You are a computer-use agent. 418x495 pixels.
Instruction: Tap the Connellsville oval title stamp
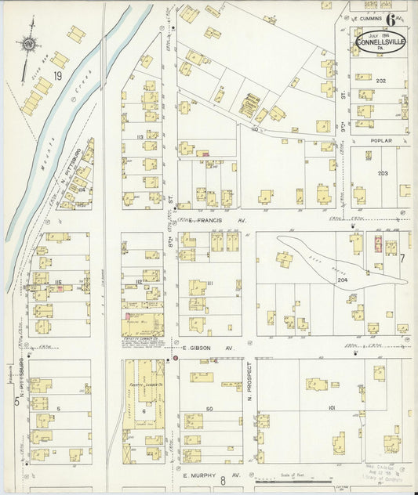pyautogui.click(x=380, y=42)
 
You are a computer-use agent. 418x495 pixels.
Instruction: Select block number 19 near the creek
pyautogui.click(x=57, y=76)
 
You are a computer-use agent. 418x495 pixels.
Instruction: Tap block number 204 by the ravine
pyautogui.click(x=342, y=280)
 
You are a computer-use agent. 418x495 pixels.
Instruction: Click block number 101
pyautogui.click(x=331, y=408)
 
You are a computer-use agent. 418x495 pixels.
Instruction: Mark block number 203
pyautogui.click(x=383, y=173)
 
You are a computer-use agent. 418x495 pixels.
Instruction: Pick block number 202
pyautogui.click(x=381, y=81)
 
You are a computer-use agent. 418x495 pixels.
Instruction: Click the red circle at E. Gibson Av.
pyautogui.click(x=175, y=358)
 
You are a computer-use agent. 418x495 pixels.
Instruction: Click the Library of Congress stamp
pyautogui.click(x=387, y=471)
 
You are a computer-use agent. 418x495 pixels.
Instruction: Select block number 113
pyautogui.click(x=139, y=135)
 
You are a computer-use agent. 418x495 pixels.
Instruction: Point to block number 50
pyautogui.click(x=209, y=409)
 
